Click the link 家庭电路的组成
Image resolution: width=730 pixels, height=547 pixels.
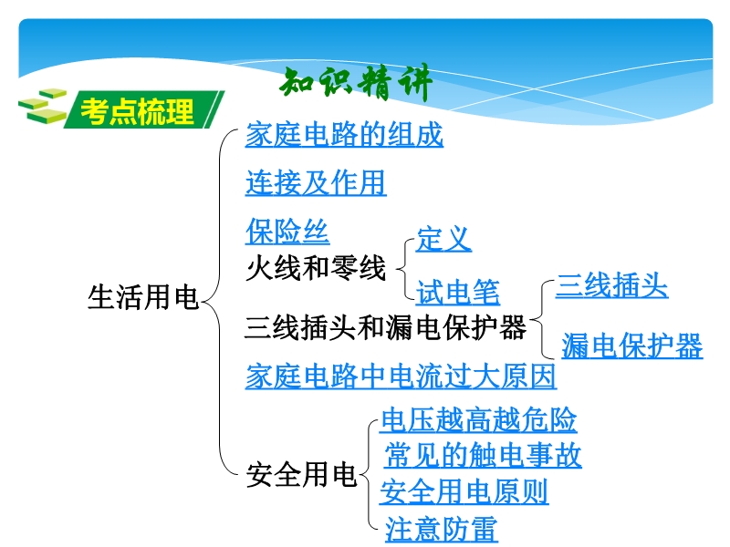[x=344, y=135]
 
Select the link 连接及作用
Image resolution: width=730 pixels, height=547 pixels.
[x=316, y=183]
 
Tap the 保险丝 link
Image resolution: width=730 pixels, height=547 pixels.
[x=287, y=232]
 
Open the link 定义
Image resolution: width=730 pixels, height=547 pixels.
[x=443, y=239]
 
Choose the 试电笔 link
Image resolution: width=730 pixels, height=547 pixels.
[x=458, y=293]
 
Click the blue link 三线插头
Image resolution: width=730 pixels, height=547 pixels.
[x=611, y=285]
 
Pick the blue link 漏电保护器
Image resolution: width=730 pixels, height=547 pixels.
[x=631, y=346]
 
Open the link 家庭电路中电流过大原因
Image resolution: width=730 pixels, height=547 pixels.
[x=401, y=376]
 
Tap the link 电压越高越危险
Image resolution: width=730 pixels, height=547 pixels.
[x=478, y=419]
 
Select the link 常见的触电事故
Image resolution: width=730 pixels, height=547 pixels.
[x=483, y=455]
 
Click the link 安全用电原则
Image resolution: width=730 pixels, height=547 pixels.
[x=464, y=491]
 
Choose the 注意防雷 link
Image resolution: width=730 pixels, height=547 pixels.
[x=441, y=529]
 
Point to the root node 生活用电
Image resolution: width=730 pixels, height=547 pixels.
[x=143, y=297]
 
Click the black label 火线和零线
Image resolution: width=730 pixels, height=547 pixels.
[x=316, y=268]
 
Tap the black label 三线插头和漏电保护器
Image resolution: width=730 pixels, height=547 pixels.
[x=385, y=327]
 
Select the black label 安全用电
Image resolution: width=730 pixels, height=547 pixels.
[x=302, y=474]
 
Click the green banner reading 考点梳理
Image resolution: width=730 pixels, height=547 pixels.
[x=144, y=109]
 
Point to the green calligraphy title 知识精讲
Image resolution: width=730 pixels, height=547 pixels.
[x=356, y=83]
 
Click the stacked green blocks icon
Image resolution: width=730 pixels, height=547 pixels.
[x=43, y=106]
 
